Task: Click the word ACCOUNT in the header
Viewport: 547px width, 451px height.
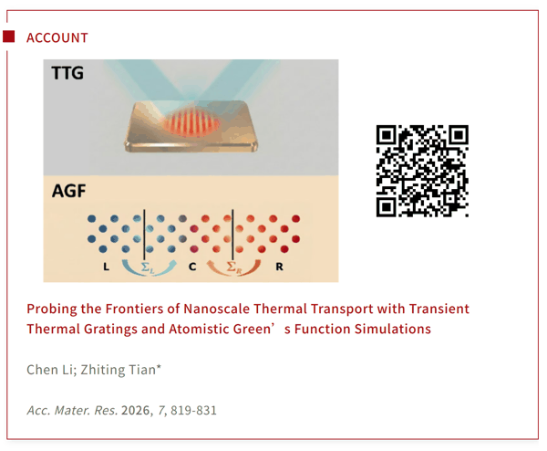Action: [57, 37]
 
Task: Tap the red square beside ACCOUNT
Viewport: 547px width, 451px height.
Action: [9, 37]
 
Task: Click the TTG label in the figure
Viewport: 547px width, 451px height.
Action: [67, 73]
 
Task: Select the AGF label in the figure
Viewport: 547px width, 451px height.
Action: [68, 191]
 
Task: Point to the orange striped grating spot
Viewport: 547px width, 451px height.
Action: [191, 122]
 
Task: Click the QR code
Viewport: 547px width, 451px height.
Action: [422, 171]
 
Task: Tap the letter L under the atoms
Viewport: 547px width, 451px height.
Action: [106, 267]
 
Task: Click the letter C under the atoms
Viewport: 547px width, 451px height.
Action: [192, 267]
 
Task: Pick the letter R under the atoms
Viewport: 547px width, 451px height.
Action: [279, 267]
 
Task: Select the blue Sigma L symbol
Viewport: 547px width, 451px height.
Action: [148, 267]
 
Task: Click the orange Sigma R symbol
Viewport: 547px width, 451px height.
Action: [233, 267]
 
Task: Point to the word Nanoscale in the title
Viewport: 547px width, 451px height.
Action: [216, 309]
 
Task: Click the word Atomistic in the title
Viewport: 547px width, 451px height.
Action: [199, 329]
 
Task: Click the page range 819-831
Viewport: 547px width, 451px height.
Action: [193, 410]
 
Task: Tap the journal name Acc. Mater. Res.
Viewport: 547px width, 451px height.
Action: [72, 410]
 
